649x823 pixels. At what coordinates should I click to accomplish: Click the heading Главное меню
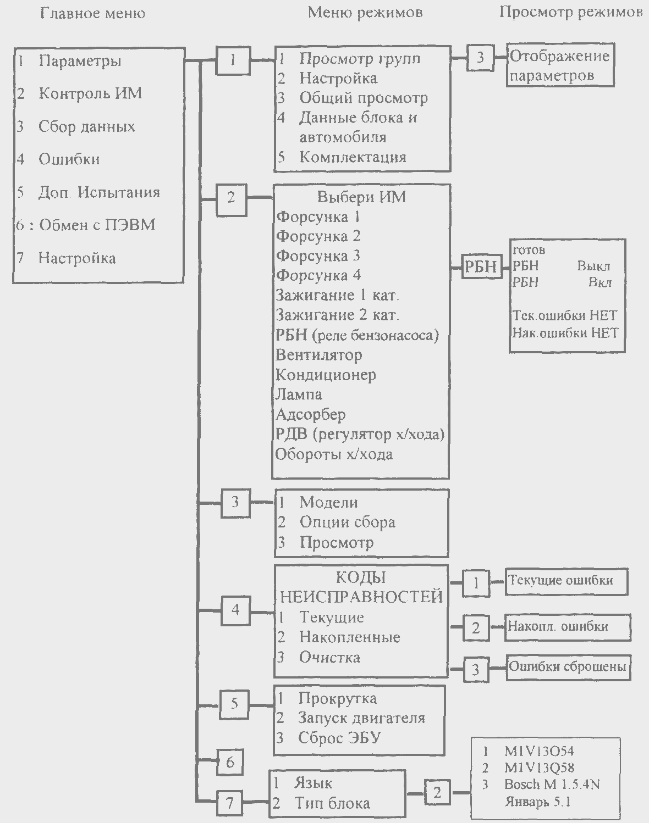[x=92, y=14]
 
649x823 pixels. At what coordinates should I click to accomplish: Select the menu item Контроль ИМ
[x=90, y=93]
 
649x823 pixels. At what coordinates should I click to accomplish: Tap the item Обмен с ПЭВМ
[x=97, y=225]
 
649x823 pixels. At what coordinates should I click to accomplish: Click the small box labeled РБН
[x=481, y=266]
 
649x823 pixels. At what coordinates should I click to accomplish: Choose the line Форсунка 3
[x=318, y=255]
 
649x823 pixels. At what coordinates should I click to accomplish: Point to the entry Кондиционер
[x=326, y=375]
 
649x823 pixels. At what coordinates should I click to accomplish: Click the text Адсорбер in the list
[x=311, y=415]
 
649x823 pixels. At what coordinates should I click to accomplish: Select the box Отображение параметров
[x=560, y=65]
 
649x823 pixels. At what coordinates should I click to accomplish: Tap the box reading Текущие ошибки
[x=566, y=582]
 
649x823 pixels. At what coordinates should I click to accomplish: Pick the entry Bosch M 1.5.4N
[x=552, y=784]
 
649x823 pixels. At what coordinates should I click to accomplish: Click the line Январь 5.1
[x=537, y=801]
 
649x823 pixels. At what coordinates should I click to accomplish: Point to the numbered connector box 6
[x=230, y=762]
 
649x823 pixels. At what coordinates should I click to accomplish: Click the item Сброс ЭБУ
[x=339, y=738]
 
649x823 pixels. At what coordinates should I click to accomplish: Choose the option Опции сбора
[x=347, y=522]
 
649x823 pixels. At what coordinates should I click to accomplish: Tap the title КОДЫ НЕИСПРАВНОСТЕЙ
[x=361, y=587]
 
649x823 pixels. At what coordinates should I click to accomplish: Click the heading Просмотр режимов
[x=571, y=13]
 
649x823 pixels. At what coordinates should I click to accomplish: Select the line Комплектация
[x=353, y=157]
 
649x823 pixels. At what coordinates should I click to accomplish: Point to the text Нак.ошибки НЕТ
[x=565, y=333]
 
